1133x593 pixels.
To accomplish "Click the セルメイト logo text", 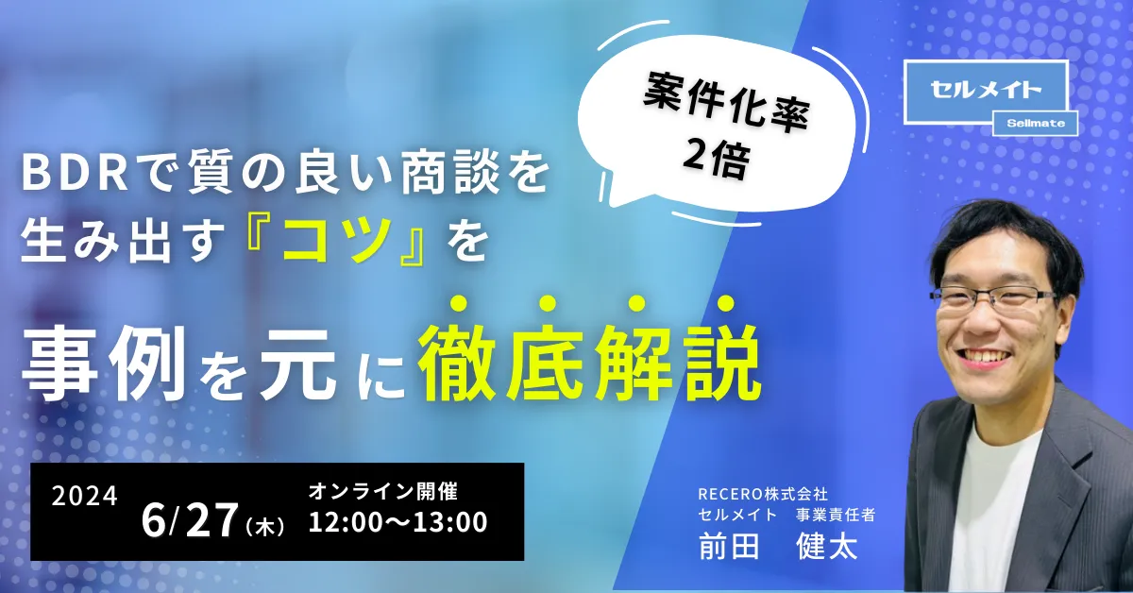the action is (x=986, y=91).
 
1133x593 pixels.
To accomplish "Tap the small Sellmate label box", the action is (x=1036, y=124).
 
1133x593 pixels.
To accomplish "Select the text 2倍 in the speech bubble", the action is (x=716, y=158).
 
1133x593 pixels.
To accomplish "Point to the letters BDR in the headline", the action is (x=75, y=173).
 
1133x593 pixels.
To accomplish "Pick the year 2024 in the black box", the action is (x=84, y=496).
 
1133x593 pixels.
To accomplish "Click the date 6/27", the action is (x=190, y=519).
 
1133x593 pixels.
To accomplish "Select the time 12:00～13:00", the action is (x=398, y=521).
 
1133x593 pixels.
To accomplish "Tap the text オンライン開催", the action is (x=383, y=491).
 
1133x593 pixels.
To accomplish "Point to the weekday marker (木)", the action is (x=265, y=527).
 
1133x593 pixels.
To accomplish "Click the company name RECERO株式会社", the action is (x=763, y=493).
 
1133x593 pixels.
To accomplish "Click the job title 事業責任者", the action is (x=836, y=515).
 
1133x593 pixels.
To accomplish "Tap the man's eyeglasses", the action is (x=994, y=298).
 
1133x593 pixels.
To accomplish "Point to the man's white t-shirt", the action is (x=994, y=506).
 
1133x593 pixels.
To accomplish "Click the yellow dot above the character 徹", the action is (x=460, y=304).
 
